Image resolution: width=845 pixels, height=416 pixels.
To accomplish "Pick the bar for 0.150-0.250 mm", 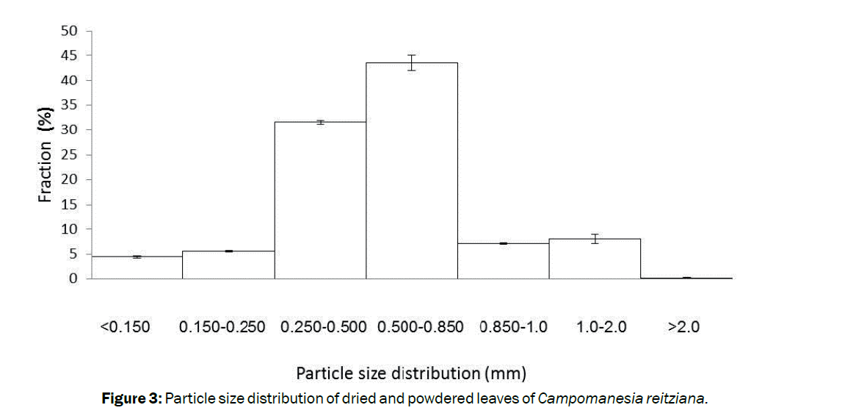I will click(x=228, y=265).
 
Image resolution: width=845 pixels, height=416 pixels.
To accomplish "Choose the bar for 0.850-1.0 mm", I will click(x=504, y=261).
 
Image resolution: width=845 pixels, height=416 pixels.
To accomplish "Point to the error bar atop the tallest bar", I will click(x=412, y=62).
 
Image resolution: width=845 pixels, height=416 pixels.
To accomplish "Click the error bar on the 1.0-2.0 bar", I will click(x=595, y=238).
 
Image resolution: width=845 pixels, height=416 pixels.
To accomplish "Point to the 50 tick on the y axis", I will click(x=69, y=31).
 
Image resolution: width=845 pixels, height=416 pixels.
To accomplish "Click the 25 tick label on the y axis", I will click(x=69, y=155).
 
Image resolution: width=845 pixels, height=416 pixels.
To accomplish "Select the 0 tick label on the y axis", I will click(x=73, y=279).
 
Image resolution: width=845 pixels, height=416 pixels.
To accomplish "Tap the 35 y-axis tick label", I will click(x=69, y=105).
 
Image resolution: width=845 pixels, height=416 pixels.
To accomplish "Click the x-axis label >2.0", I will click(x=683, y=327).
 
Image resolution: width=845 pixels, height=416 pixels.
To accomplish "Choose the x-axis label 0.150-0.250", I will click(x=222, y=327).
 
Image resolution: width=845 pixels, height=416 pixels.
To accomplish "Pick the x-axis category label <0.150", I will click(x=125, y=327).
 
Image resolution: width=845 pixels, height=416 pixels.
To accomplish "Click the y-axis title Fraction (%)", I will click(x=46, y=155).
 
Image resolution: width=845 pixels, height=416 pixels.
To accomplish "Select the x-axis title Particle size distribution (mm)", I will click(x=411, y=373).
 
